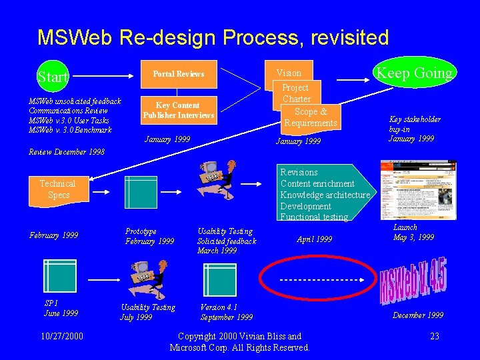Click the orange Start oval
coord(53,77)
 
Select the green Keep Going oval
coord(414,73)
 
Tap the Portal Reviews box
coord(179,74)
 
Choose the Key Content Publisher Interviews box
coord(178,110)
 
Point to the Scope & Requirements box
coord(310,117)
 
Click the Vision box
coord(289,73)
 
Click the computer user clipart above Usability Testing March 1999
coord(218,180)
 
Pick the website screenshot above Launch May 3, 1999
coord(409,190)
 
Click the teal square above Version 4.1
coord(220,280)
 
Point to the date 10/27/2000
coord(62,336)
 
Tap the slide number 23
coord(434,336)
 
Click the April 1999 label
coord(314,239)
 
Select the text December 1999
coord(418,315)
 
